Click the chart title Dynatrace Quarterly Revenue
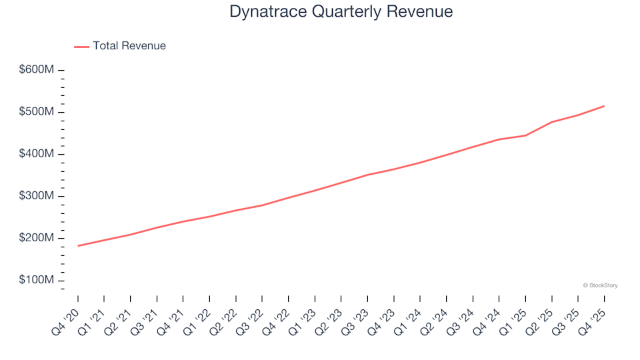tap(341, 12)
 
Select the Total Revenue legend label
tap(129, 46)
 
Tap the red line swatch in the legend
tap(81, 47)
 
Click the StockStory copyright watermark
tap(600, 285)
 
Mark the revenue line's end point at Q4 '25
tap(604, 106)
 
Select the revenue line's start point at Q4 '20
tap(78, 246)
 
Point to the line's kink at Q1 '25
tap(525, 135)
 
